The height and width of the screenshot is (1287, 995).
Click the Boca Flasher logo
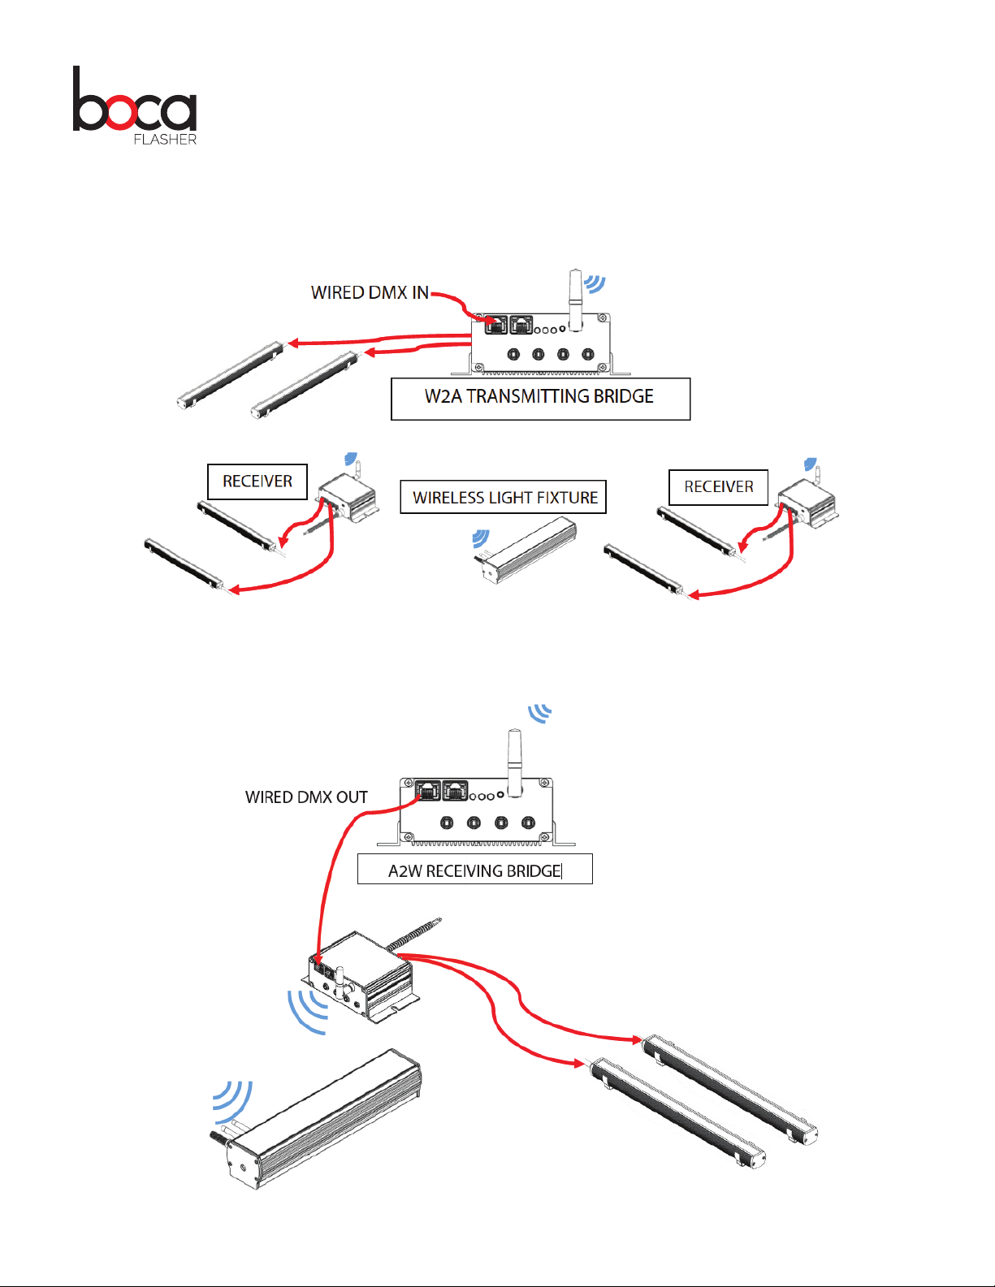tap(135, 106)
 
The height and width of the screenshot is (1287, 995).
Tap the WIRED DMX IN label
tap(370, 292)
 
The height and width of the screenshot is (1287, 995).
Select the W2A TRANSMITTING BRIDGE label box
tap(540, 399)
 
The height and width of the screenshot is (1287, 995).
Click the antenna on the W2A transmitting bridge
tap(575, 300)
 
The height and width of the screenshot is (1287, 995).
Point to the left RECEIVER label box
tap(257, 482)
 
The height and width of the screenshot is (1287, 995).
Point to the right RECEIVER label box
tap(718, 487)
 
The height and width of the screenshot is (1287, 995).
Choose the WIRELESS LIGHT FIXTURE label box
tap(504, 497)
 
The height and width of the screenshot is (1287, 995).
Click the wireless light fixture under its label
tap(525, 551)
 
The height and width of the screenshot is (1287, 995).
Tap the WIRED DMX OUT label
tap(306, 797)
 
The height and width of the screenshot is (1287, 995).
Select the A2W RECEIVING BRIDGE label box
tap(475, 869)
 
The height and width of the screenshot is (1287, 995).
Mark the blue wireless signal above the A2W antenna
tap(540, 713)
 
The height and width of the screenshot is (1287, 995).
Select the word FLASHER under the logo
tap(165, 139)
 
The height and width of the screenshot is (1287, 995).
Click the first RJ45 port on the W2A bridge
tap(495, 325)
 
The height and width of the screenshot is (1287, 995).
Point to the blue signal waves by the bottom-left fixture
tap(232, 1102)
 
